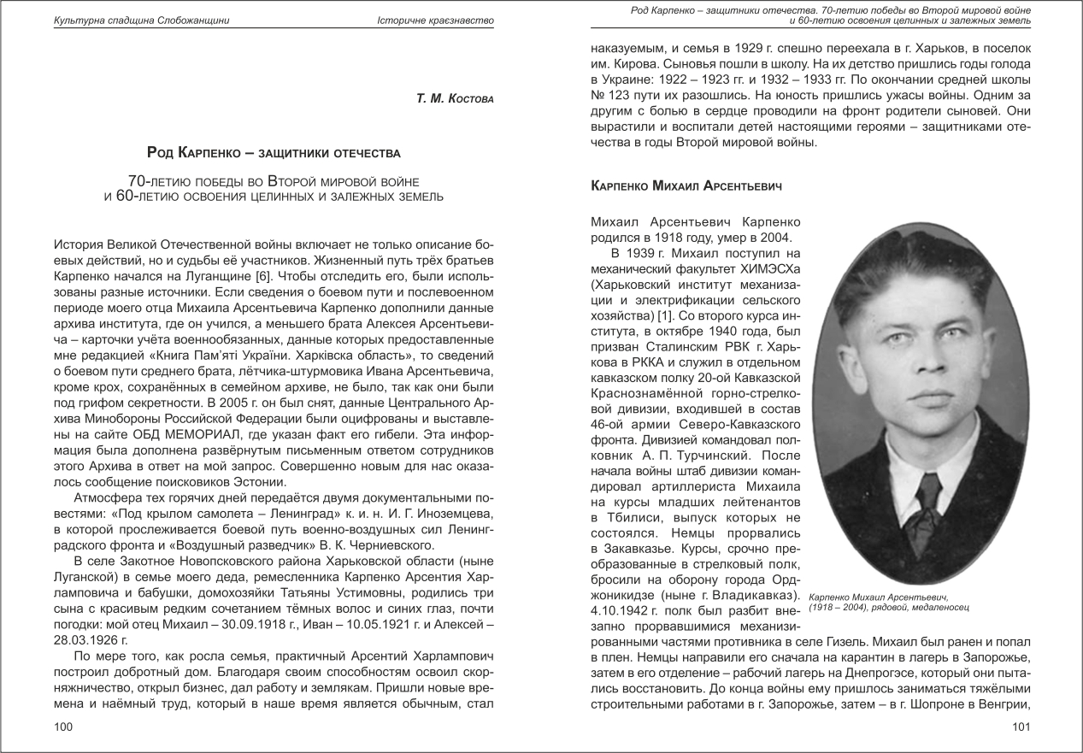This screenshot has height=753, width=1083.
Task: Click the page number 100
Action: click(62, 727)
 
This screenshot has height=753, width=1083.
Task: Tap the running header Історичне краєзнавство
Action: click(435, 20)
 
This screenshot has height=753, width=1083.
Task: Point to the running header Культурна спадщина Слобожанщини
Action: click(141, 20)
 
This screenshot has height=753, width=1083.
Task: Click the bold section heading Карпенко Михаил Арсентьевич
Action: click(686, 185)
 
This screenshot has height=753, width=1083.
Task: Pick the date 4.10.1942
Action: click(627, 610)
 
